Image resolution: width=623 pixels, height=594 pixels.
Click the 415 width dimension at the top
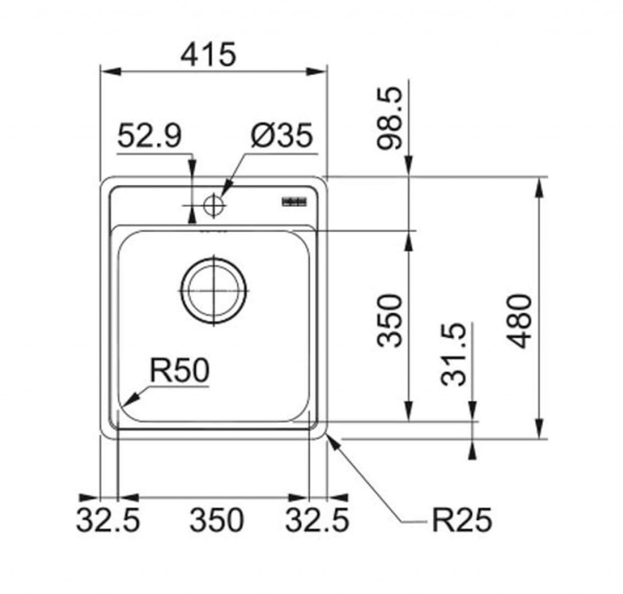[208, 54]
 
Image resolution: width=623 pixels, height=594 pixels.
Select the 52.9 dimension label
[149, 136]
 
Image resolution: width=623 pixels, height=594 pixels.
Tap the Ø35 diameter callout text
[281, 136]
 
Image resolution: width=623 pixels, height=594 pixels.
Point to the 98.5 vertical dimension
[390, 118]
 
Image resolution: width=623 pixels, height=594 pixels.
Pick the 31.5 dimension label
[454, 354]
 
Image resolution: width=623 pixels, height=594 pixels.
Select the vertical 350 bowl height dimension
[390, 321]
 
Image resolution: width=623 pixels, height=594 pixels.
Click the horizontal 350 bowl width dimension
[217, 520]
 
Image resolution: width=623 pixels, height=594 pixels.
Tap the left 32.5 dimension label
[108, 520]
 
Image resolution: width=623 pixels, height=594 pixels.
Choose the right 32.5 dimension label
[317, 520]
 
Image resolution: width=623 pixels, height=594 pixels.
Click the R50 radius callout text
[179, 371]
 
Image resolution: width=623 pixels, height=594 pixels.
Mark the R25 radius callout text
[462, 520]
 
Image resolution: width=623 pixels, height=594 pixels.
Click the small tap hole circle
[213, 205]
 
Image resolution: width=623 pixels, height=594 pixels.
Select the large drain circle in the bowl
[214, 290]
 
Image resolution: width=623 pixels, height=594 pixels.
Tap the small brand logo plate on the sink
[294, 201]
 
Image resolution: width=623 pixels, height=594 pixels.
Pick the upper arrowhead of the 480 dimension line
[539, 186]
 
